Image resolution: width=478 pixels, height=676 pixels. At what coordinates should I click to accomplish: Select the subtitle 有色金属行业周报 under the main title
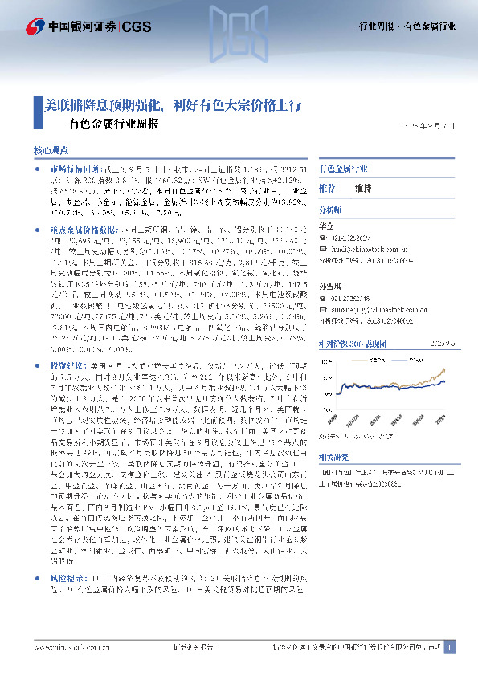pos(114,124)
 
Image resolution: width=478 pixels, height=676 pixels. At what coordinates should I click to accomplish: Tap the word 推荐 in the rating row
pos(328,187)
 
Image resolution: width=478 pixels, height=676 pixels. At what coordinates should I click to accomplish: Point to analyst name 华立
pos(326,226)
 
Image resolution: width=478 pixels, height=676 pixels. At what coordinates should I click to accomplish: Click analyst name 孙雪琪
pos(329,287)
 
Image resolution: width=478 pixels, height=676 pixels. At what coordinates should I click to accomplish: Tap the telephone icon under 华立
pos(323,238)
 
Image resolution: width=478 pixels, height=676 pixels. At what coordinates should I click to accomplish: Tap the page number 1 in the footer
pos(450,647)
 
